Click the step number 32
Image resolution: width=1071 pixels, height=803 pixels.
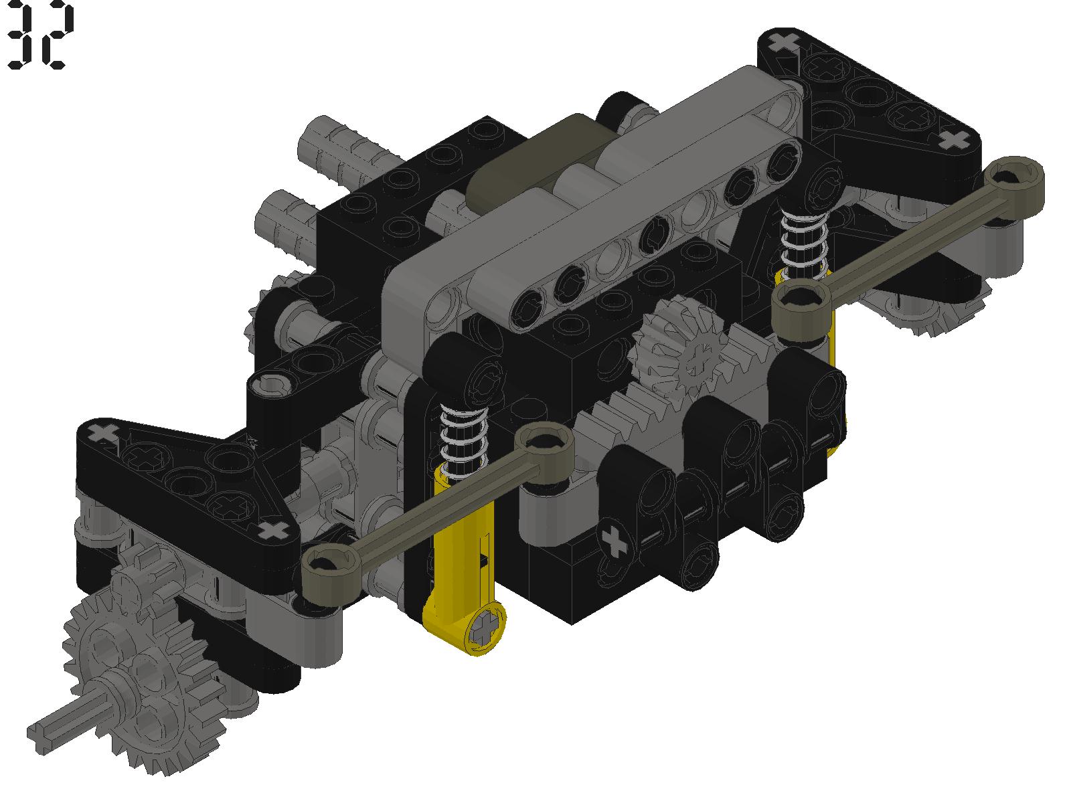(x=40, y=35)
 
